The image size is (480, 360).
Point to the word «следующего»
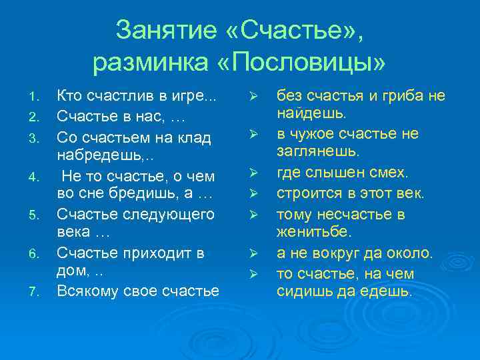170,215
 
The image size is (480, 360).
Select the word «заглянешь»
321,153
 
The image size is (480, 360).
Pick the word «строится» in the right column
305,193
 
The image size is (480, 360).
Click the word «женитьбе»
317,233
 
